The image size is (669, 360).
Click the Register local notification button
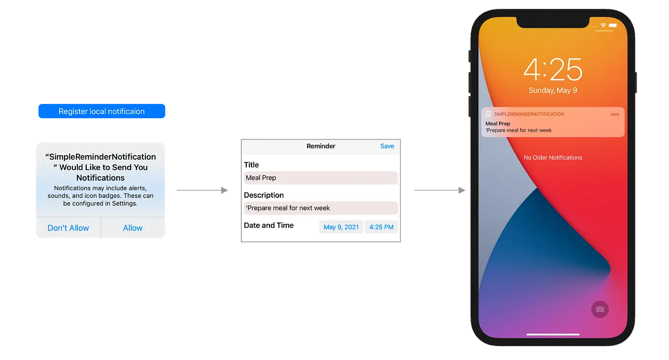click(x=101, y=111)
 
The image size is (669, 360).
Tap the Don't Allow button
click(x=68, y=228)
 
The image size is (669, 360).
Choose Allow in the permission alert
click(x=133, y=228)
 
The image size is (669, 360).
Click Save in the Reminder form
click(x=387, y=146)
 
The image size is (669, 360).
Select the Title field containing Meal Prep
click(x=321, y=178)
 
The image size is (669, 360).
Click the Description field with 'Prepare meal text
click(x=321, y=208)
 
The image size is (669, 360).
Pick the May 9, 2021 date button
click(x=341, y=227)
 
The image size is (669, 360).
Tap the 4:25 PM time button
click(x=381, y=227)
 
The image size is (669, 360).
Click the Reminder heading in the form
click(x=321, y=146)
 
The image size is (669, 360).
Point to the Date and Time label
click(x=268, y=226)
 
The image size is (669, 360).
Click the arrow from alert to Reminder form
click(x=202, y=189)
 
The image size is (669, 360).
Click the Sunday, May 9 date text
click(x=553, y=91)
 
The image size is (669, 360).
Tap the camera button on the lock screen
click(x=600, y=309)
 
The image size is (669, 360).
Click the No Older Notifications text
click(x=553, y=158)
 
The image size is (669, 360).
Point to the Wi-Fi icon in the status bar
click(x=603, y=25)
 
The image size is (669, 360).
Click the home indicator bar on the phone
click(x=553, y=334)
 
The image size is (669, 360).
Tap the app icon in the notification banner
click(x=488, y=114)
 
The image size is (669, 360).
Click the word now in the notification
click(x=615, y=114)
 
